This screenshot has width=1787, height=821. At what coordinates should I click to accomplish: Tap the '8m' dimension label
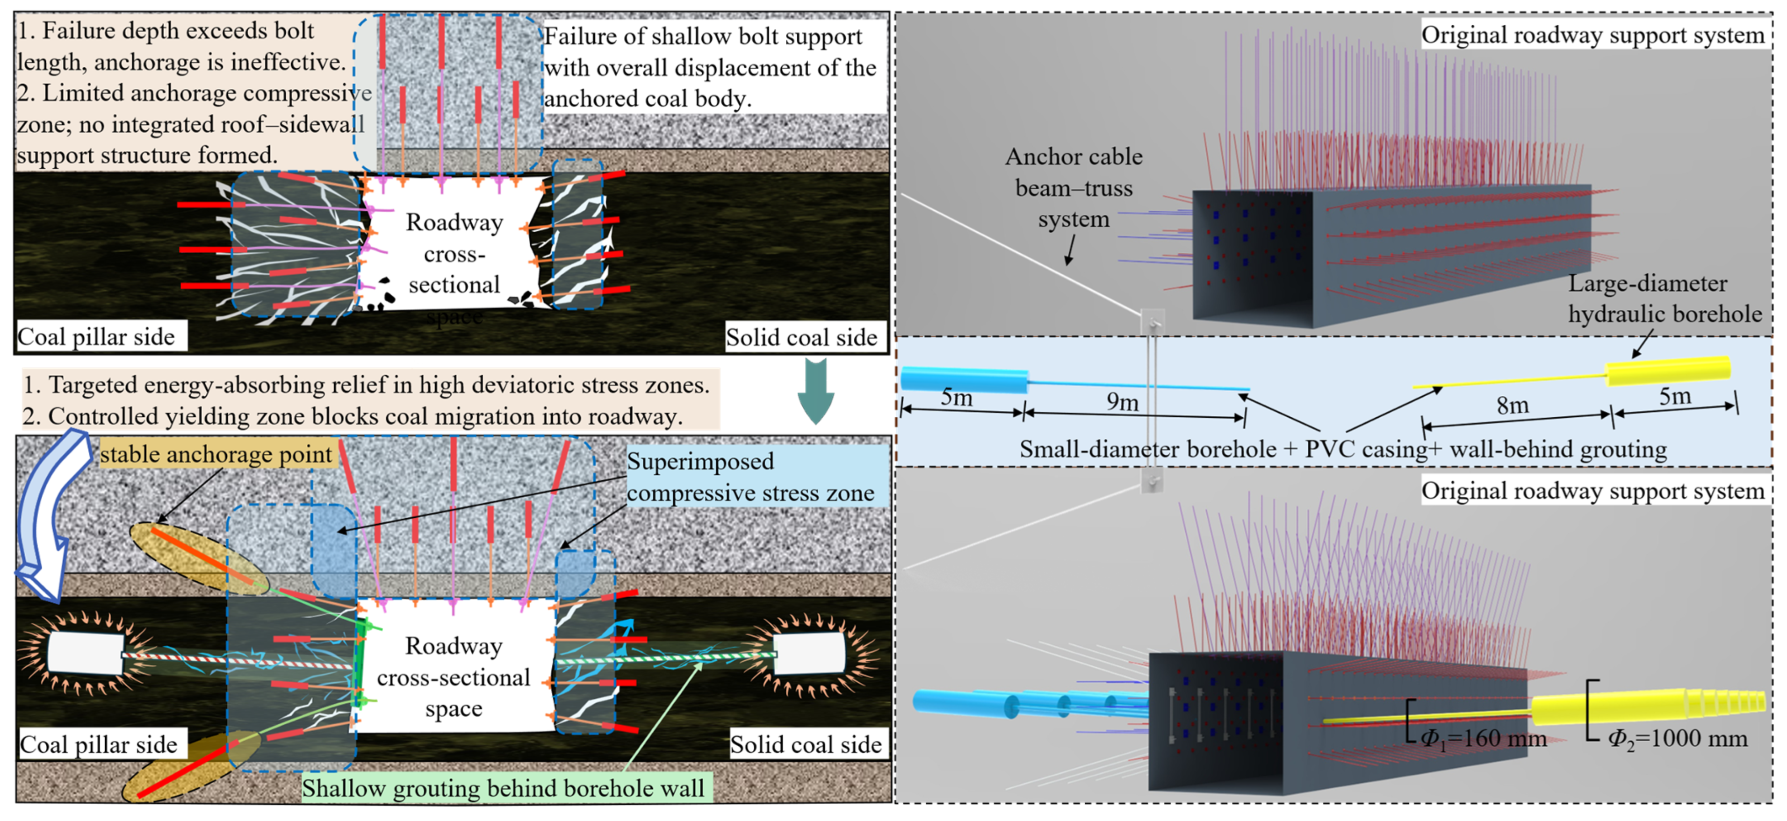1512,404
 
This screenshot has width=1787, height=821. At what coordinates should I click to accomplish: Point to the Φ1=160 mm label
1483,738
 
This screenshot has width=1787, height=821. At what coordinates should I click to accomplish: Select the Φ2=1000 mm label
1678,738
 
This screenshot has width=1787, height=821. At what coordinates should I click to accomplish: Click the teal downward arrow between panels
816,391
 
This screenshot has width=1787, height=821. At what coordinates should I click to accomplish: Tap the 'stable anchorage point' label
216,454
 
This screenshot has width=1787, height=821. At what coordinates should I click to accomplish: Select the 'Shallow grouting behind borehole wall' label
503,788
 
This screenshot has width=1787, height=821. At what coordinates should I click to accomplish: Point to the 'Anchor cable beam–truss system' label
1074,188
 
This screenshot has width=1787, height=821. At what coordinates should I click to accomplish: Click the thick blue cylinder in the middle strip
964,380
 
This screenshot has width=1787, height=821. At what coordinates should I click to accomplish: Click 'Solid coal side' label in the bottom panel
806,744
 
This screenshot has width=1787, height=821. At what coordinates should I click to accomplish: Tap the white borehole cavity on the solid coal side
809,652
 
